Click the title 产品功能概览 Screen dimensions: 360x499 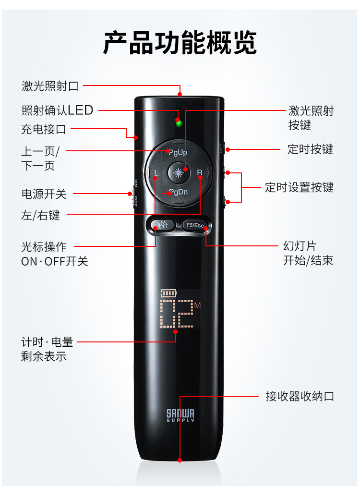click(180, 43)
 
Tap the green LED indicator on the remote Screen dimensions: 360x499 click(179, 123)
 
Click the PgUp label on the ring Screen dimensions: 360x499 click(178, 152)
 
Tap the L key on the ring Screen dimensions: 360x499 click(156, 172)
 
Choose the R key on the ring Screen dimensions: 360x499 click(200, 172)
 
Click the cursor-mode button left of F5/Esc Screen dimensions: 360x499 click(159, 224)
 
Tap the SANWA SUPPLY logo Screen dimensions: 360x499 click(180, 415)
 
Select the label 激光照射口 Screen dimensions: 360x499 click(50, 86)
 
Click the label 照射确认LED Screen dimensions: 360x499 click(57, 110)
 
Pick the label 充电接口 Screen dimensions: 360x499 click(44, 129)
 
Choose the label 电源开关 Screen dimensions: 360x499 click(44, 194)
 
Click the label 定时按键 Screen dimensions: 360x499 click(310, 149)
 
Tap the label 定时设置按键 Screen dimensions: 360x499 click(299, 187)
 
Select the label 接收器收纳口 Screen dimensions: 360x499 click(300, 397)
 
